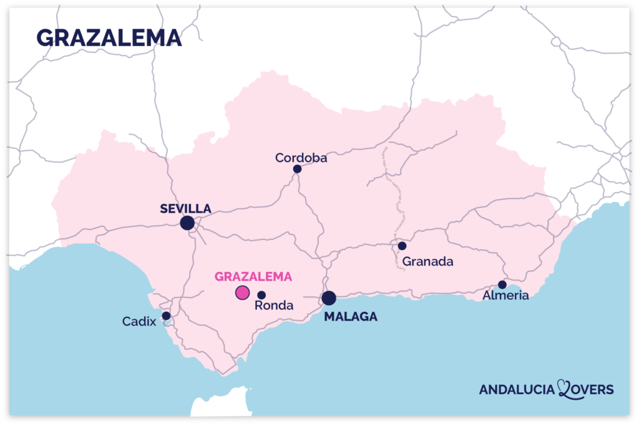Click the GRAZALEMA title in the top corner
pos(109,38)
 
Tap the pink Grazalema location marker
pos(242,292)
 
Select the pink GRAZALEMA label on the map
pos(253,276)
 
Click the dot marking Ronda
pos(261,295)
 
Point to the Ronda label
pos(274,306)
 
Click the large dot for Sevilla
pos(187,223)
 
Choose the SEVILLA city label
pos(185,208)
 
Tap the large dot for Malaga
pos(329,298)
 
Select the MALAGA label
pos(351,317)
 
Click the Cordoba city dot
pos(297,169)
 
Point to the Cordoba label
pos(301,158)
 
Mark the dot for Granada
pos(402,246)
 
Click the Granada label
pos(427,261)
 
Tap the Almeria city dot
pos(502,284)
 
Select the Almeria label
pos(505,296)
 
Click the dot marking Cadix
pos(166,316)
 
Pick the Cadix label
pos(139,322)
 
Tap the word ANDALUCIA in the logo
pos(517,390)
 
